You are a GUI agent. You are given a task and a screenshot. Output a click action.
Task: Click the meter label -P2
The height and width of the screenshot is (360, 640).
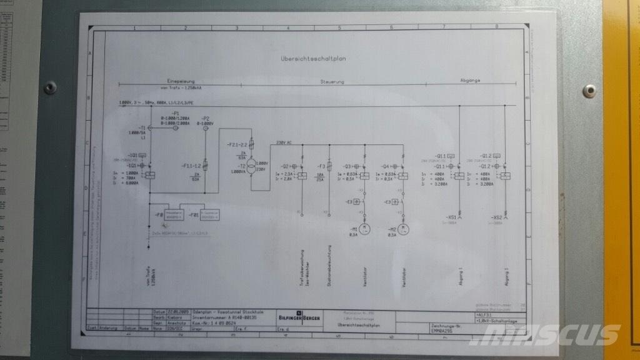206,117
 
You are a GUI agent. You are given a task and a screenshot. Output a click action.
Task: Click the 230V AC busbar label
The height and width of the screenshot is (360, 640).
284,143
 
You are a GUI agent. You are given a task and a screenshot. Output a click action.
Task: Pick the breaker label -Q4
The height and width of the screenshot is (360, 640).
385,166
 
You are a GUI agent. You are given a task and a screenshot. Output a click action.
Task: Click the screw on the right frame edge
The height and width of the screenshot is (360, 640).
588,91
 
